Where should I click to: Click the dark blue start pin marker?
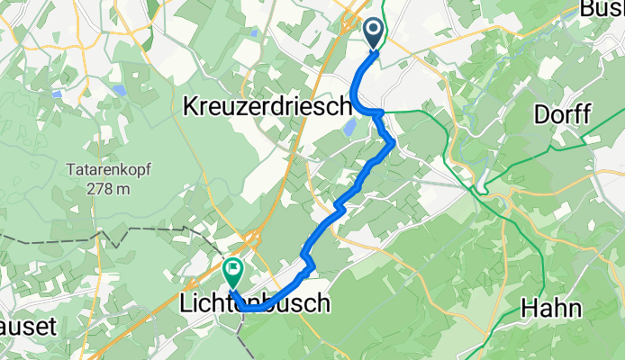[376, 35]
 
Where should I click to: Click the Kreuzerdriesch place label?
[267, 107]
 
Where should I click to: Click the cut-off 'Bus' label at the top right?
[602, 9]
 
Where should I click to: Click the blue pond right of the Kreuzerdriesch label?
[348, 130]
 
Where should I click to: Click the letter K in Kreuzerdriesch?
[189, 107]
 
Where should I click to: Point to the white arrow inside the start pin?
[376, 31]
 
